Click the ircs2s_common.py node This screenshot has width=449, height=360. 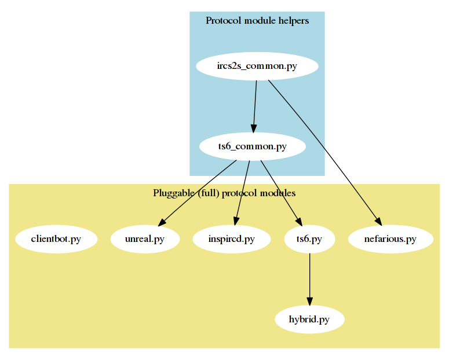pos(257,66)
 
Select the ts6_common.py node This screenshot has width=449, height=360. pos(252,146)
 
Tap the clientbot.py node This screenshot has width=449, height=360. pos(56,239)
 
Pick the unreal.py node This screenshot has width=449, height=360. pos(145,239)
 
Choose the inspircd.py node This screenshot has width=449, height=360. pos(232,239)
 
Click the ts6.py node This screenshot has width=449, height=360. pos(310,239)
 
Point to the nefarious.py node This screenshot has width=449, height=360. pos(391,239)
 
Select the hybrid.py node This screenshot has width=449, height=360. pos(309,319)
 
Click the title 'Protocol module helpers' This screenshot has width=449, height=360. pos(257,21)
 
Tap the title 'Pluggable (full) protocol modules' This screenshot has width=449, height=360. pos(224,193)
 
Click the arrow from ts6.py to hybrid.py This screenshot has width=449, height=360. pos(310,278)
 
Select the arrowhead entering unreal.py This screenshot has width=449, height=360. pos(163,222)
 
